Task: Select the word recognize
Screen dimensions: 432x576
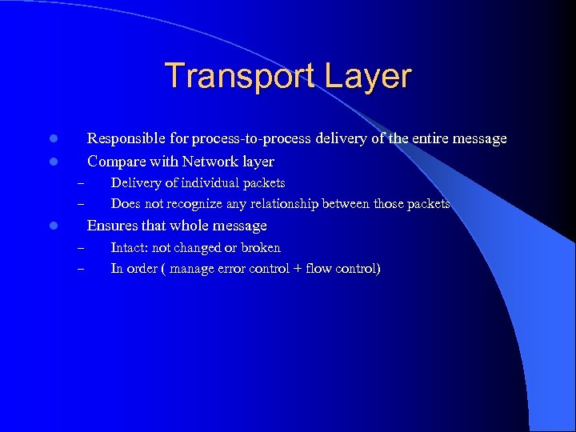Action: pyautogui.click(x=182, y=204)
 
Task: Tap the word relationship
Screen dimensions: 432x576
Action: pyautogui.click(x=269, y=204)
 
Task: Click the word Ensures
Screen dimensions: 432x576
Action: pyautogui.click(x=112, y=226)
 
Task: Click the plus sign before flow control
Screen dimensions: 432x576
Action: pyautogui.click(x=297, y=269)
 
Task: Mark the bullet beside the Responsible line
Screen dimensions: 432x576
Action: pyautogui.click(x=51, y=139)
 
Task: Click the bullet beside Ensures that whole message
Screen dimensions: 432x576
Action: pyautogui.click(x=51, y=226)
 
